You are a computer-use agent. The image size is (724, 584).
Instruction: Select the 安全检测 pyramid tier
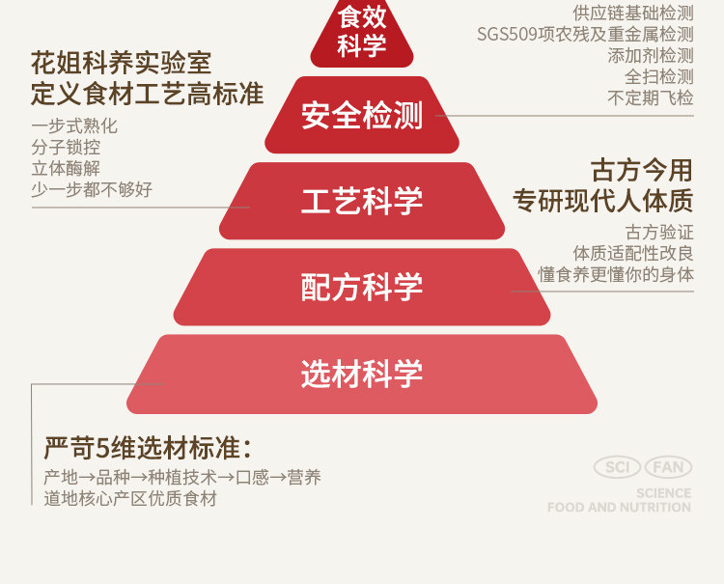click(362, 115)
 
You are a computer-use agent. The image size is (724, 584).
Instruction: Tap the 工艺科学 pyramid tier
click(362, 201)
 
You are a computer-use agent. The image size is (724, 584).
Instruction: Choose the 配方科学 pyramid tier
click(362, 287)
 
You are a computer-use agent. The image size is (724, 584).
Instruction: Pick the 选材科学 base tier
click(362, 374)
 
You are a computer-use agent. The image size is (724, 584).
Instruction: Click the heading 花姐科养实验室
click(121, 65)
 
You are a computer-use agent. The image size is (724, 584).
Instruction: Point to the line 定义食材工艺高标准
click(147, 95)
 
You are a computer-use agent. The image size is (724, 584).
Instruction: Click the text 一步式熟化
click(74, 126)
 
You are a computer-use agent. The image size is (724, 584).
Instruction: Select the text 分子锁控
click(66, 148)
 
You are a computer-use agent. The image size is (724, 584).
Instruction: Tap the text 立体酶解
click(66, 169)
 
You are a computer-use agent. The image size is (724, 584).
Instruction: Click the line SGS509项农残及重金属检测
click(585, 35)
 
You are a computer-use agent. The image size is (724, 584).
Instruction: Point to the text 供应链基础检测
click(633, 13)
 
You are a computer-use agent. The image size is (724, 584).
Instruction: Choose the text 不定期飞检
click(651, 98)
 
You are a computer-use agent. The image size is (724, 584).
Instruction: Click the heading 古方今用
click(642, 171)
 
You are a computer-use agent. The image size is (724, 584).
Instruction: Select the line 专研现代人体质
click(603, 201)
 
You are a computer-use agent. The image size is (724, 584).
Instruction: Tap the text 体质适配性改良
click(633, 253)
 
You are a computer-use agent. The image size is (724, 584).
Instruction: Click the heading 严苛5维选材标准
click(147, 448)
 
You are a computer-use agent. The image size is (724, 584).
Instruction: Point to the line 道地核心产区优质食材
click(130, 499)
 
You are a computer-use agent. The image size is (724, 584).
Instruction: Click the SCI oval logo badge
click(617, 468)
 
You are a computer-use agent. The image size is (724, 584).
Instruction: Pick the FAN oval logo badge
click(668, 468)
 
